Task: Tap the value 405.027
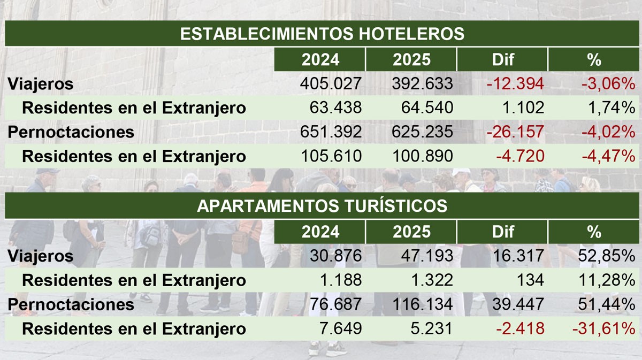(x=331, y=84)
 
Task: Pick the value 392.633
(x=423, y=84)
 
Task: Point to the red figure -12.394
(x=515, y=84)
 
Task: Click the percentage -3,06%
(x=609, y=84)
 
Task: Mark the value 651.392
(x=331, y=132)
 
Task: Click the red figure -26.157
(x=515, y=132)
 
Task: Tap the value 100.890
(x=423, y=156)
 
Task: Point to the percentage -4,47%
(x=609, y=156)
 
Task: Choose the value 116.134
(x=423, y=304)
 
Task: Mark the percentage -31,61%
(x=603, y=328)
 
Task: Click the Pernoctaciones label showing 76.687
(x=71, y=304)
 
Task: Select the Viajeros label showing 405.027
(x=41, y=84)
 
